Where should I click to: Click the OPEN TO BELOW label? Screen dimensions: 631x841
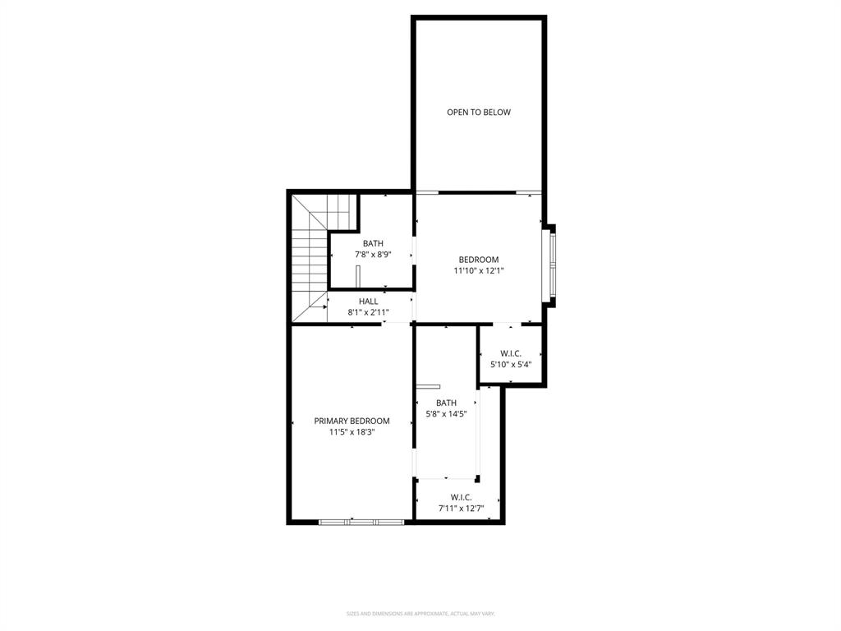coord(478,113)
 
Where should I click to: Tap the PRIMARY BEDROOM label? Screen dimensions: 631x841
coord(352,421)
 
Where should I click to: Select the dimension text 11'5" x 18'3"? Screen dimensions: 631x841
coord(352,432)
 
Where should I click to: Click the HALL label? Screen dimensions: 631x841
coord(368,302)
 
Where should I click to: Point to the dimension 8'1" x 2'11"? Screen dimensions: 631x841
coord(368,312)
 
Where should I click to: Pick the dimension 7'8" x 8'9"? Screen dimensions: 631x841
coord(373,255)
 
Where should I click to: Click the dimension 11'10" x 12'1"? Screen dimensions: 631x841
coord(478,270)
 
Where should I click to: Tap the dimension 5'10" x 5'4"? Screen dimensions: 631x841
coord(511,364)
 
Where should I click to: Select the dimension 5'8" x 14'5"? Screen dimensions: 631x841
coord(446,413)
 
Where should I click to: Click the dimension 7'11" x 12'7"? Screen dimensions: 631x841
coord(461,508)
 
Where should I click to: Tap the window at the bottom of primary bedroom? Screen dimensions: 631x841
coord(361,521)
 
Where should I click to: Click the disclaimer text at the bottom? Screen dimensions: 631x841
coord(420,614)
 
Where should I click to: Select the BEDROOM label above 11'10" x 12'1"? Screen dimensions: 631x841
coord(478,260)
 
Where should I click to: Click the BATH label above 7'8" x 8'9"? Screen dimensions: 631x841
coord(373,243)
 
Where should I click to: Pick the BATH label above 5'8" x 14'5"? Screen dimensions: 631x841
coord(446,403)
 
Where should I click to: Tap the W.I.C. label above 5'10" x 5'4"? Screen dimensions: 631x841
coord(511,353)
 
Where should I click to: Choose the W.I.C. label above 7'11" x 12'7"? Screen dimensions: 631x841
coord(461,497)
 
